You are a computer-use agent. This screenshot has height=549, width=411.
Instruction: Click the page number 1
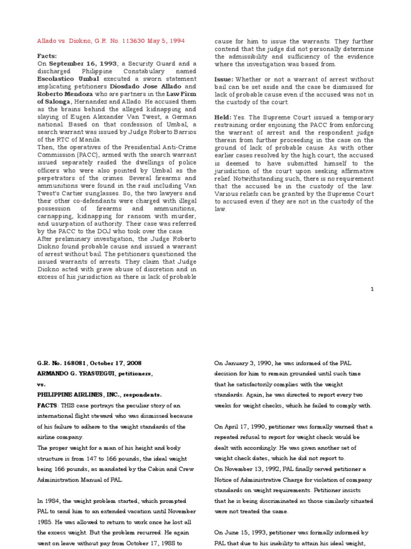372,289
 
